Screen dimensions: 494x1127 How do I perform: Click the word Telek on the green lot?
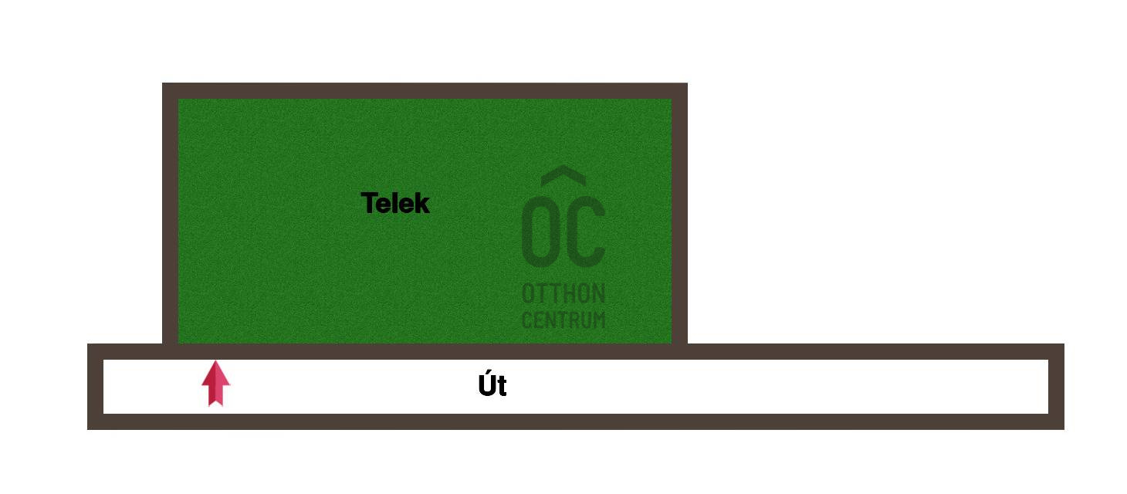(395, 204)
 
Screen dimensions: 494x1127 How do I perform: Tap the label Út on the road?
(492, 386)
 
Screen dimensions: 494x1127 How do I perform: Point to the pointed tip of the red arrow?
(216, 364)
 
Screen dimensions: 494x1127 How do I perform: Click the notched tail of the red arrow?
(216, 402)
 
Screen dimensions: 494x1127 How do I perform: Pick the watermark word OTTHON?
(563, 294)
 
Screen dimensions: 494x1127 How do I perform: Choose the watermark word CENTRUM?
(563, 320)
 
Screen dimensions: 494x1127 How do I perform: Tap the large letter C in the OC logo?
(586, 229)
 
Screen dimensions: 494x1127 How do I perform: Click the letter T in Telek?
(369, 204)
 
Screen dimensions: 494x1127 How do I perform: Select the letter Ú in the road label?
(486, 385)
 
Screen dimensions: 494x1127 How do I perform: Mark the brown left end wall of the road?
(95, 386)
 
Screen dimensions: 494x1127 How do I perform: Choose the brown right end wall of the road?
(1056, 386)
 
